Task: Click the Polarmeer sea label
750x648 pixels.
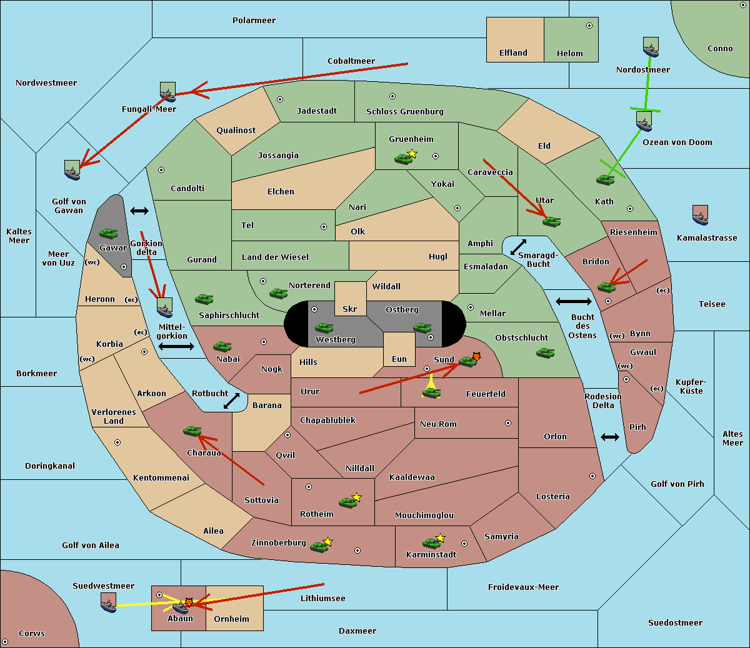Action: tap(254, 21)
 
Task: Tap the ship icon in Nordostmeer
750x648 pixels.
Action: tap(651, 47)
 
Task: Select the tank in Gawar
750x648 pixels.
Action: tap(109, 234)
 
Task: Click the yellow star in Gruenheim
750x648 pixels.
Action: tap(412, 154)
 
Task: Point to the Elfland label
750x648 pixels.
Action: tap(513, 53)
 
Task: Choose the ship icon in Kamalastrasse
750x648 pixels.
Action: tap(701, 215)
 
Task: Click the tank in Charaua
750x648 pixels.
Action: tap(192, 431)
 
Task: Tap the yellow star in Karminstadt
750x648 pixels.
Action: tap(441, 537)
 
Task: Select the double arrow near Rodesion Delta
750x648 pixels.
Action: tap(610, 437)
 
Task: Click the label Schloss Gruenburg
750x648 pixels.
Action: tap(404, 112)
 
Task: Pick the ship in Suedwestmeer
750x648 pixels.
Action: tap(108, 602)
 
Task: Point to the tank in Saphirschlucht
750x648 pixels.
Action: tap(204, 299)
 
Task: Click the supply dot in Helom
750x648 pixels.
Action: tap(589, 26)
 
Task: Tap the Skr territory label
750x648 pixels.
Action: tap(349, 309)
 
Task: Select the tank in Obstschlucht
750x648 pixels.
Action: tap(545, 353)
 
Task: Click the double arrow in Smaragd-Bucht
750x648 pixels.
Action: tap(518, 247)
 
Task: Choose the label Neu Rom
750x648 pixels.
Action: tap(438, 424)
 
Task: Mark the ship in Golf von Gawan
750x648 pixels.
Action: tap(72, 170)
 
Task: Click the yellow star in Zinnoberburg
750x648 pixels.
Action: tap(328, 542)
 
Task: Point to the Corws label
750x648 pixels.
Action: tap(32, 634)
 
